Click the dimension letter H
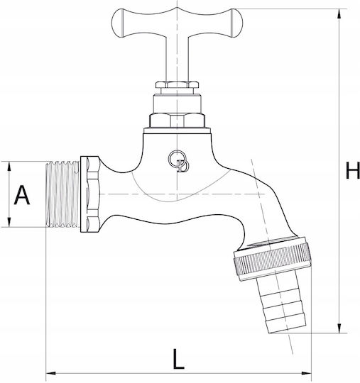[352, 170]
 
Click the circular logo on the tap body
[178, 161]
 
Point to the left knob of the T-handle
[118, 23]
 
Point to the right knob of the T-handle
[236, 23]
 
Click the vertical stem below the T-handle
[177, 59]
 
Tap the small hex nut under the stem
[177, 85]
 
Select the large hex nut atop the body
[177, 120]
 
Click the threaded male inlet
[63, 194]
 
